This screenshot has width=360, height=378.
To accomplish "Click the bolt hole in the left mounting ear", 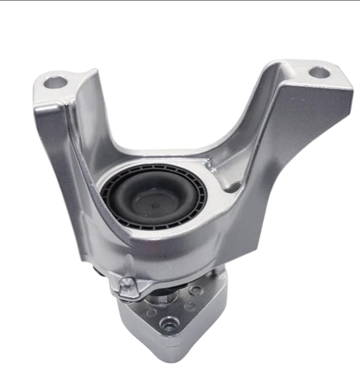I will [x=56, y=83].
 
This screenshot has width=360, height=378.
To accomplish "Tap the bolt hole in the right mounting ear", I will [x=319, y=73].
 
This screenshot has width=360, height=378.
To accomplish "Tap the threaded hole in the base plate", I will [x=168, y=324].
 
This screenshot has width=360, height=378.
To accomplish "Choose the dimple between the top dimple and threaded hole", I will [x=191, y=307].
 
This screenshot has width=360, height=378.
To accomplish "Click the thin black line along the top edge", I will [x=180, y=0].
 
